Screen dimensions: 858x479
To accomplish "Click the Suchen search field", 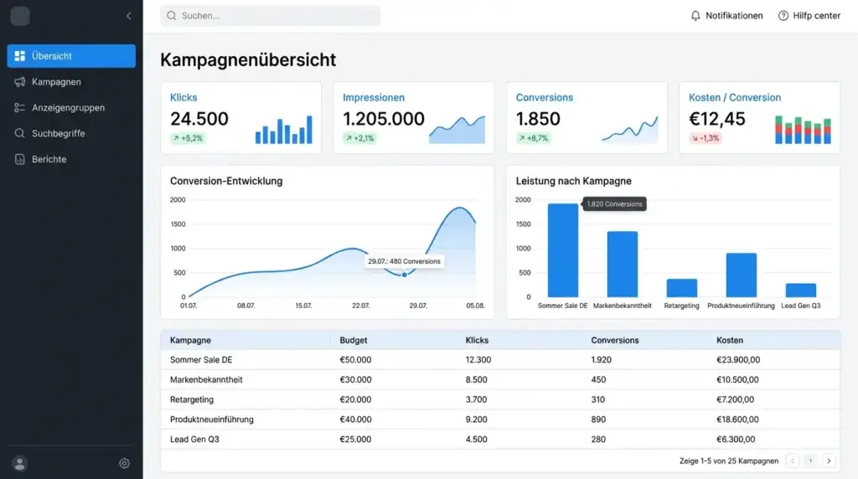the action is (x=270, y=16).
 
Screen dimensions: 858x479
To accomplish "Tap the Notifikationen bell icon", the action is (x=695, y=16).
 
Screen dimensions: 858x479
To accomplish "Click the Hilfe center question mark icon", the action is (x=783, y=16).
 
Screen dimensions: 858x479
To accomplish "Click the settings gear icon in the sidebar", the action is (x=124, y=463).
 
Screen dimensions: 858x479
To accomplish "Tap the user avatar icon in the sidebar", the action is (x=20, y=464).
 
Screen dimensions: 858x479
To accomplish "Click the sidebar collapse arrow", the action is (x=128, y=16).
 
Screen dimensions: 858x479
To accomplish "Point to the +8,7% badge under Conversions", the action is (x=533, y=138).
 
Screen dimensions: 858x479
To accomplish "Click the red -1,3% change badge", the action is (x=705, y=138).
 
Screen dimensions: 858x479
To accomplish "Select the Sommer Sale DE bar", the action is (x=562, y=250).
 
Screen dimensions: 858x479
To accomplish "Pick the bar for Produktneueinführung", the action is (x=741, y=275).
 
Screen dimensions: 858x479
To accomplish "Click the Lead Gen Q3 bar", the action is (x=800, y=291).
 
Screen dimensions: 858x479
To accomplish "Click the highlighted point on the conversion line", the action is (x=405, y=275).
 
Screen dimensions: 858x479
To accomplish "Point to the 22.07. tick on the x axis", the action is (x=360, y=306).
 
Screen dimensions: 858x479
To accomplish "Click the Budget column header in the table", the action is (x=354, y=340).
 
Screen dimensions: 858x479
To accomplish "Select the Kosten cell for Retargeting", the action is (x=735, y=399).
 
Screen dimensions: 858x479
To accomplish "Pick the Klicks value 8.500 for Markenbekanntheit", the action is (x=476, y=379).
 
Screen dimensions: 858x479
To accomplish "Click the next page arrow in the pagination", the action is (x=829, y=461).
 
